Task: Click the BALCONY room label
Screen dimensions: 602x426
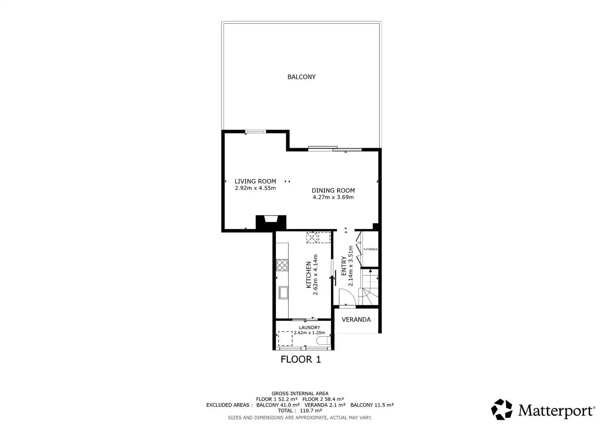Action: (301, 77)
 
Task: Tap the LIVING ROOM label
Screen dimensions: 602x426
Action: (255, 181)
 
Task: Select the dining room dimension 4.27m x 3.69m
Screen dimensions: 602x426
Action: (333, 197)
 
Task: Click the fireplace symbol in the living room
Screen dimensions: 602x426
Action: (271, 223)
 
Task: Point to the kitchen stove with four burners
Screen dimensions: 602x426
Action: (282, 265)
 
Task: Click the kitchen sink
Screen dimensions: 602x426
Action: (283, 293)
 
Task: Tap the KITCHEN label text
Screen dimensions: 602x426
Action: (309, 275)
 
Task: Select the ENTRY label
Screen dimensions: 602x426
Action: (344, 266)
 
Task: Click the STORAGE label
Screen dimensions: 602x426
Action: (370, 249)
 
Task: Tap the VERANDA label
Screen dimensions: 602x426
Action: (356, 320)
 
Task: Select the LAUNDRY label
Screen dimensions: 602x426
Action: (309, 328)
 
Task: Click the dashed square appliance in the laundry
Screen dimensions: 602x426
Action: (285, 338)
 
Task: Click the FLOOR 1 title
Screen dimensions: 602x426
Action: (301, 360)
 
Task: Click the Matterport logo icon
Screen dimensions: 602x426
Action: (502, 409)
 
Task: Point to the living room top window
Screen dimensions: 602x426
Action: (255, 131)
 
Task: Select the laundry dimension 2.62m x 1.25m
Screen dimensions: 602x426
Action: (309, 333)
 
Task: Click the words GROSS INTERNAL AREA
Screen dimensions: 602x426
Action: (300, 393)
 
